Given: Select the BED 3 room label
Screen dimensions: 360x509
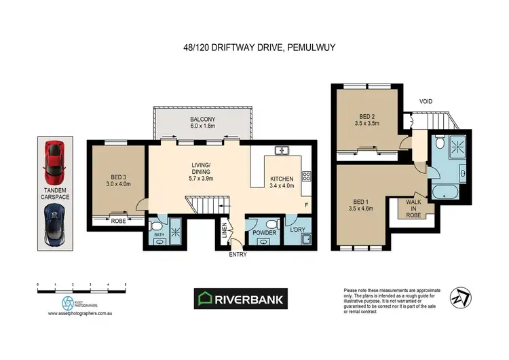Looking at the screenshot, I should (117, 179).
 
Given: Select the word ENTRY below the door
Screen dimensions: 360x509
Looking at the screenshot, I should (238, 255).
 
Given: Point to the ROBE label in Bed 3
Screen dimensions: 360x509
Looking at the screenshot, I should (119, 221).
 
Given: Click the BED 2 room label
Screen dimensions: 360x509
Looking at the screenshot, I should (367, 120).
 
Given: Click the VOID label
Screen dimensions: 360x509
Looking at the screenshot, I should (425, 101).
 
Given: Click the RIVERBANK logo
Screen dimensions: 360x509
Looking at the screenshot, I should (242, 298).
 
